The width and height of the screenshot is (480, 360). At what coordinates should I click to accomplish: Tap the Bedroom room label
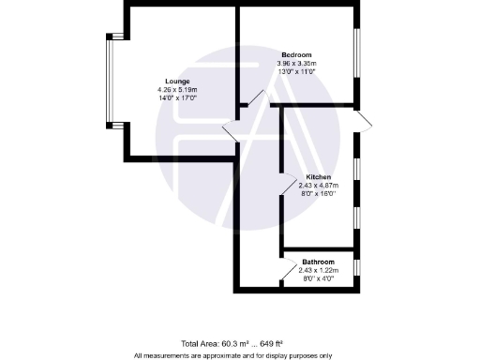(x=296, y=54)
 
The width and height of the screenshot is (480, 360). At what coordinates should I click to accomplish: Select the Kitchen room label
(x=319, y=177)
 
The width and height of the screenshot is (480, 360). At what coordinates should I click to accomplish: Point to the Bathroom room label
(x=319, y=262)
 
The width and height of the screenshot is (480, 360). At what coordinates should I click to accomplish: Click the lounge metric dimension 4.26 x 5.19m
(x=176, y=89)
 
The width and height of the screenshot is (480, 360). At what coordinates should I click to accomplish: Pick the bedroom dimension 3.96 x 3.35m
(x=296, y=63)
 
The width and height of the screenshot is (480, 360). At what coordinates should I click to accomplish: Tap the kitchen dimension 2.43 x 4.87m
(x=319, y=186)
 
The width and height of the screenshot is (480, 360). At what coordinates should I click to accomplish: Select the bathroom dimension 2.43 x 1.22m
(x=319, y=270)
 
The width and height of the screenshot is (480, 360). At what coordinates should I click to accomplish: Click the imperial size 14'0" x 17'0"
(x=176, y=97)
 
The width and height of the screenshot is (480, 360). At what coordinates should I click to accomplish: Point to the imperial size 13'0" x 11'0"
(x=296, y=71)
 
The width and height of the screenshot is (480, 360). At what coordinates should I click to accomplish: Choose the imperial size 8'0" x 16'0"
(x=319, y=194)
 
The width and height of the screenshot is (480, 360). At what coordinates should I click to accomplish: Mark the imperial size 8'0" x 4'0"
(x=319, y=278)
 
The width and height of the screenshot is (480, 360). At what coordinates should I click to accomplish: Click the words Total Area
(x=201, y=344)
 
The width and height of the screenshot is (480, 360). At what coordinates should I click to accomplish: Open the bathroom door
(x=285, y=276)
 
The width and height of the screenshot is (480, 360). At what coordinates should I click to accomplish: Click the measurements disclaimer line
(x=232, y=355)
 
